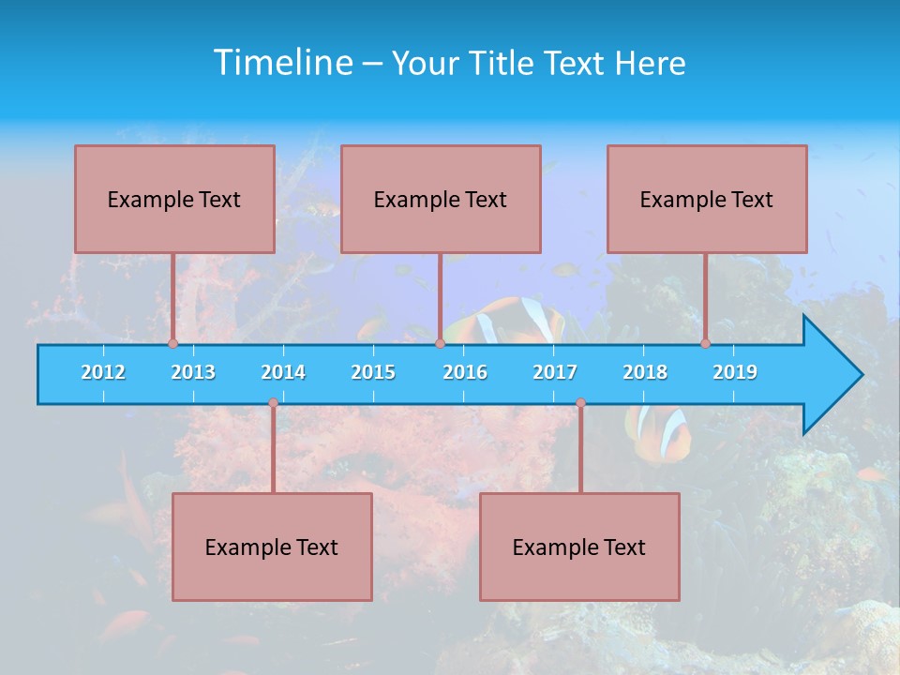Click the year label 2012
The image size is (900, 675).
pyautogui.click(x=103, y=372)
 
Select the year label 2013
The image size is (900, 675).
pyautogui.click(x=193, y=372)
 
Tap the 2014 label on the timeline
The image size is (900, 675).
pyautogui.click(x=283, y=372)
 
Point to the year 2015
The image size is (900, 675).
pyautogui.click(x=373, y=372)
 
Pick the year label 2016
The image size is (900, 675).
pyautogui.click(x=465, y=372)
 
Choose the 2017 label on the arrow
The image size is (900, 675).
pyautogui.click(x=555, y=372)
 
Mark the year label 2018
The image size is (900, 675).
pyautogui.click(x=645, y=372)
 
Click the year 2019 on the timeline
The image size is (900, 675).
pyautogui.click(x=735, y=372)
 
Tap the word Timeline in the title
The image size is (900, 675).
pyautogui.click(x=282, y=63)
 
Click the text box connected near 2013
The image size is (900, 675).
pyautogui.click(x=174, y=199)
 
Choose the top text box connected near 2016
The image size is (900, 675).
pyautogui.click(x=441, y=199)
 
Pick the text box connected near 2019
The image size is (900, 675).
pyautogui.click(x=707, y=199)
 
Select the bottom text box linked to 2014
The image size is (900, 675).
pyautogui.click(x=272, y=547)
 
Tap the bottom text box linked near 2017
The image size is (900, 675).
pyautogui.click(x=579, y=547)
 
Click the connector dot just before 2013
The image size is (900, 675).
pyautogui.click(x=172, y=344)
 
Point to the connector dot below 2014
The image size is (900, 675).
pyautogui.click(x=273, y=403)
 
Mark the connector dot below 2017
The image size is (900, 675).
pyautogui.click(x=580, y=403)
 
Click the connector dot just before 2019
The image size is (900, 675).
pyautogui.click(x=705, y=344)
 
